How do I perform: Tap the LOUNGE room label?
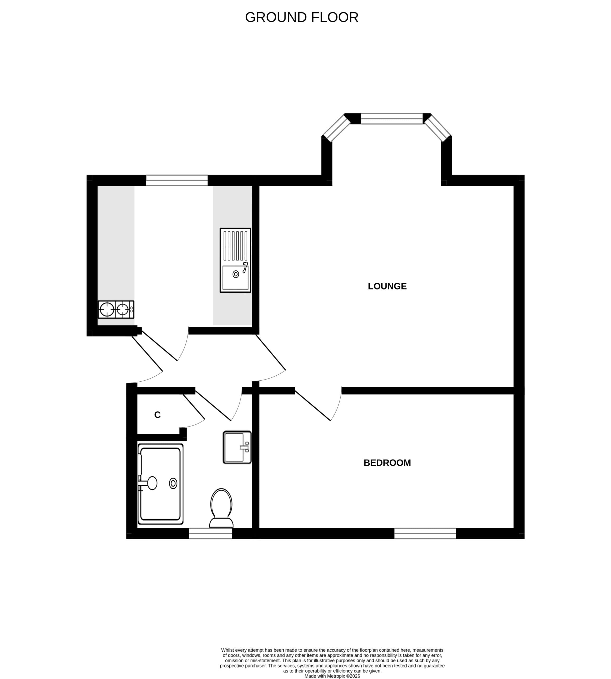tap(387, 286)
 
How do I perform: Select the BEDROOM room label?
tap(387, 463)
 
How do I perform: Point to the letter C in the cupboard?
tap(157, 415)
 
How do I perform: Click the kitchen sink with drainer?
tap(235, 260)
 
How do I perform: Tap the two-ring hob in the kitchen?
tap(116, 309)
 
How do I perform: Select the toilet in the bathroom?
tap(221, 508)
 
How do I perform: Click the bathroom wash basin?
tap(237, 447)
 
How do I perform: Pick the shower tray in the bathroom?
tap(160, 484)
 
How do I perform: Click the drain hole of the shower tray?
tap(173, 483)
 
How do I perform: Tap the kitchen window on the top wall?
tap(177, 181)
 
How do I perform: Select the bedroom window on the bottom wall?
tap(425, 533)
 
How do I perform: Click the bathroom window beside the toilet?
tap(211, 533)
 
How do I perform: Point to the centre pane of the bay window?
tap(392, 119)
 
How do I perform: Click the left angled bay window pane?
tap(336, 128)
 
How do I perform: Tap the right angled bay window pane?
tap(438, 128)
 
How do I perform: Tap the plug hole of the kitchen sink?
tap(236, 275)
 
